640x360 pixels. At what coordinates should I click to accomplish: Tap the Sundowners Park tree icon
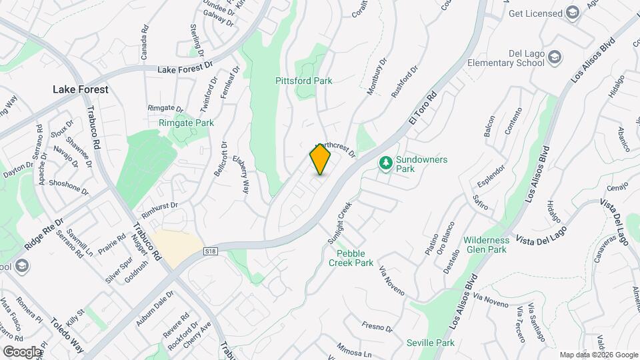385,162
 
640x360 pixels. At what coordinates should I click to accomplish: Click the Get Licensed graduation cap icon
572,13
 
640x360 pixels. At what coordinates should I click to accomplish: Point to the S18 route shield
211,251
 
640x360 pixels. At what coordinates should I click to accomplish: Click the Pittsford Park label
303,81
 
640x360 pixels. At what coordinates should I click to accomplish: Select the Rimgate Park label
186,123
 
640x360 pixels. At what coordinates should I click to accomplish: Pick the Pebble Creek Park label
351,258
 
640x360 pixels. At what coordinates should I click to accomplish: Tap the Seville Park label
430,343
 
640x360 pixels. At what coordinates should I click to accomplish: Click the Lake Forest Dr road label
184,68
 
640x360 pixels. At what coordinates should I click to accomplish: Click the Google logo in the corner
22,351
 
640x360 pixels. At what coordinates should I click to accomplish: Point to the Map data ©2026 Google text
599,355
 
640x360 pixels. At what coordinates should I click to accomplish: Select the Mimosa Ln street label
354,351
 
